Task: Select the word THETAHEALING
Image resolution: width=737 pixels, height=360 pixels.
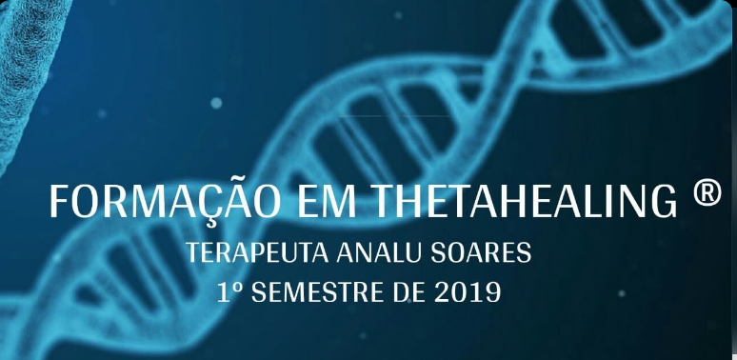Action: pyautogui.click(x=523, y=202)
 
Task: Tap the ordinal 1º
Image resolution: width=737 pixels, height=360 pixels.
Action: pyautogui.click(x=228, y=291)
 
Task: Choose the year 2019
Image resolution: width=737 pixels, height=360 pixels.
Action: pyautogui.click(x=467, y=291)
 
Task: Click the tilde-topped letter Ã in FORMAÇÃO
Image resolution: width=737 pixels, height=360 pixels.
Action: pyautogui.click(x=228, y=200)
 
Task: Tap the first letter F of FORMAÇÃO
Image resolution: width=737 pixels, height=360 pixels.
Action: pyautogui.click(x=58, y=202)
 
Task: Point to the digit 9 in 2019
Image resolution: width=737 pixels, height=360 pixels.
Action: pyautogui.click(x=492, y=291)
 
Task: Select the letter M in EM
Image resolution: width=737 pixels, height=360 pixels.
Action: pyautogui.click(x=337, y=202)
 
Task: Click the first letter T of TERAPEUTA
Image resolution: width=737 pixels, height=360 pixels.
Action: pyautogui.click(x=193, y=254)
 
